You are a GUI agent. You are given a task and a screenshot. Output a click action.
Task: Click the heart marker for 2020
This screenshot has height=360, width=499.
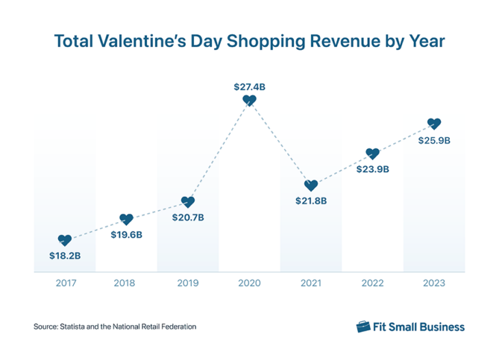pos(249,100)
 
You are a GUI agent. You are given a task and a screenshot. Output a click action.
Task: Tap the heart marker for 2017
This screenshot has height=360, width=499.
pos(65,240)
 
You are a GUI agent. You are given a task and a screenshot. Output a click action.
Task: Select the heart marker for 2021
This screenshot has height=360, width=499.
pos(311,185)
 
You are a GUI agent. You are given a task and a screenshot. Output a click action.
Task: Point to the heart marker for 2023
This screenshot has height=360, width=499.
pos(434,124)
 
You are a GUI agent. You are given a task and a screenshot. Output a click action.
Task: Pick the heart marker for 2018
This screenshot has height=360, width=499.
pos(126,219)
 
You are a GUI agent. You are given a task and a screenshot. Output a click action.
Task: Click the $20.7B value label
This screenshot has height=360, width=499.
pos(188,218)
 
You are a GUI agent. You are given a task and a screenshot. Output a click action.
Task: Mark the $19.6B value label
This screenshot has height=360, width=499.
pos(126,236)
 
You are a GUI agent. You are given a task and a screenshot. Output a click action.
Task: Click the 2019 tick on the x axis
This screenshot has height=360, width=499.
pos(188,282)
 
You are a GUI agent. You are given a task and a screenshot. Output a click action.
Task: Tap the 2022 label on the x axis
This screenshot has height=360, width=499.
pos(373,282)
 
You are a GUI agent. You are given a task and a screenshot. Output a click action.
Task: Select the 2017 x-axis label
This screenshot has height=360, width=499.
pos(65,282)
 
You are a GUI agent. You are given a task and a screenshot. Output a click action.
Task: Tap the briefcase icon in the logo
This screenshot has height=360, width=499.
pos(363,327)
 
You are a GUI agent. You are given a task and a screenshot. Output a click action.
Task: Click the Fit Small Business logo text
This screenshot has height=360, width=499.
pos(418,327)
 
